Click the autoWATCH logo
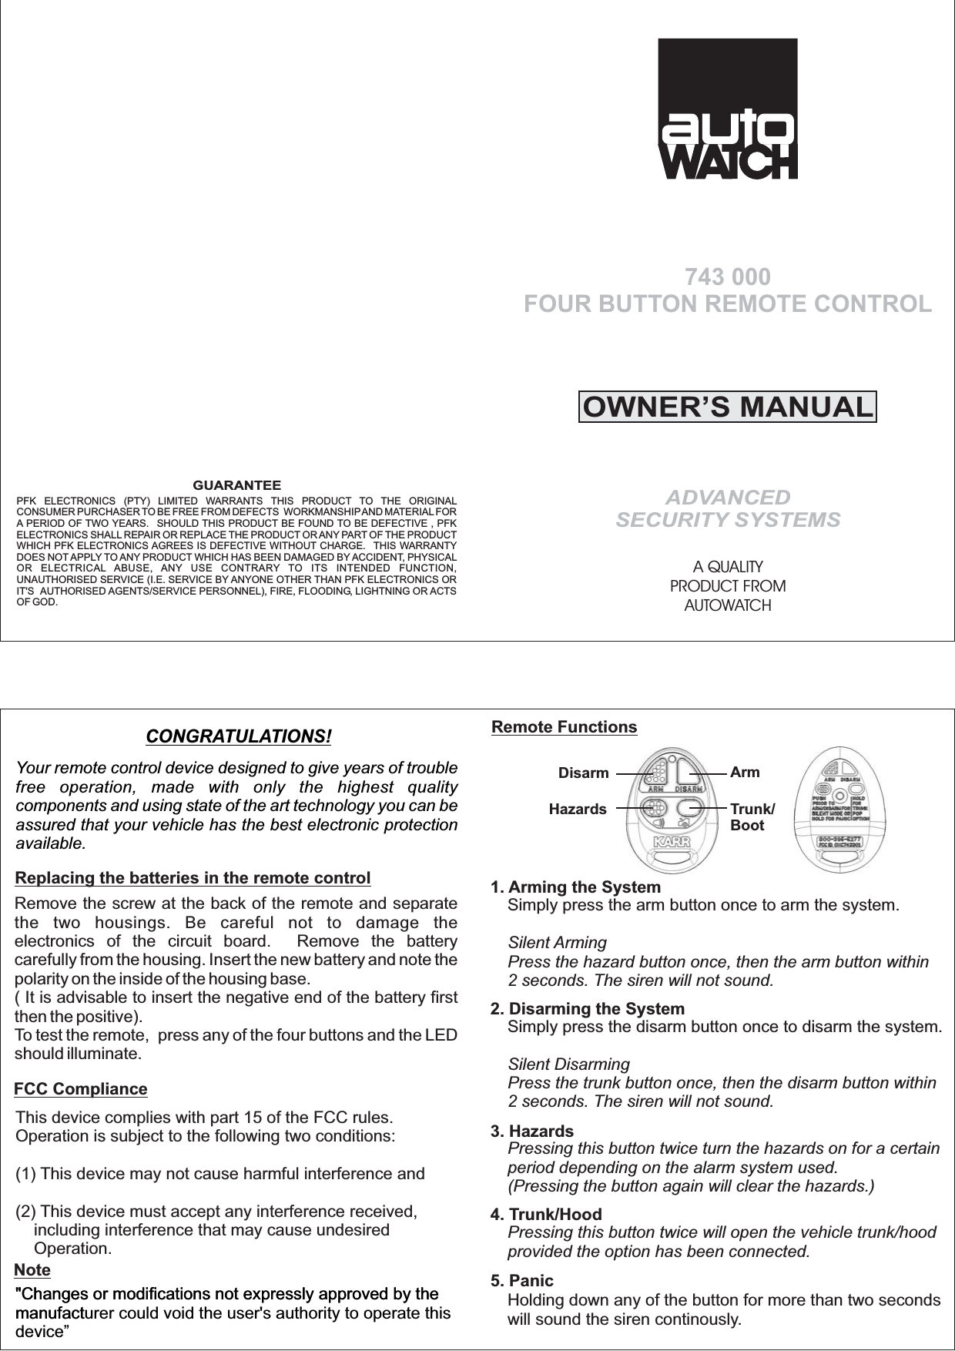(728, 109)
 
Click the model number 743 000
(728, 277)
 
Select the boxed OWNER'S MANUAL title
(727, 407)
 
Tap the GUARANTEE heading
(236, 485)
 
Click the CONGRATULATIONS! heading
(239, 736)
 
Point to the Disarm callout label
(583, 773)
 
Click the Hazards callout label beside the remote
(578, 810)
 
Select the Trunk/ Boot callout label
(752, 817)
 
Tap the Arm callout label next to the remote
(745, 772)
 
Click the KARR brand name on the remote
(672, 840)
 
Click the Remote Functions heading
(565, 727)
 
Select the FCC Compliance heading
(81, 1089)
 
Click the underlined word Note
(32, 1269)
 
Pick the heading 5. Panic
(522, 1281)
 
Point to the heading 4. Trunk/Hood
(547, 1215)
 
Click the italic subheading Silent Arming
(558, 943)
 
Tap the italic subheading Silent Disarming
(569, 1064)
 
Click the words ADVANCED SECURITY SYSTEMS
(728, 508)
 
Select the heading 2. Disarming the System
(588, 1009)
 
